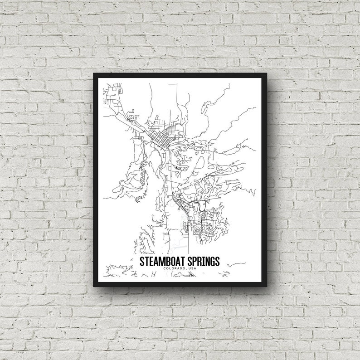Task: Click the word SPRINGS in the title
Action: pyautogui.click(x=202, y=262)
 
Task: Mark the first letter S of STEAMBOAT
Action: pyautogui.click(x=142, y=262)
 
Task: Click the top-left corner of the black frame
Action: pyautogui.click(x=94, y=74)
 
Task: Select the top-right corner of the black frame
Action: pyautogui.click(x=266, y=74)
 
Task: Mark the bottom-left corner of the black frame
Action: pyautogui.click(x=94, y=286)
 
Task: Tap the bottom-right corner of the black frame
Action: pyautogui.click(x=266, y=286)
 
